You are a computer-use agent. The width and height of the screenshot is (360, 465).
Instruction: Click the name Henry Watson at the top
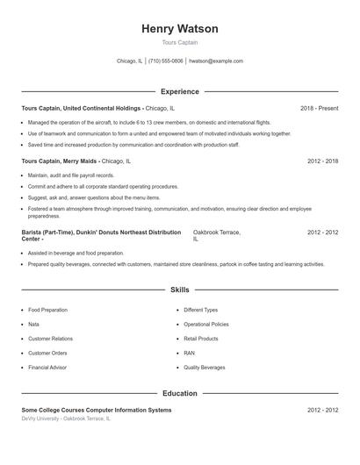179,29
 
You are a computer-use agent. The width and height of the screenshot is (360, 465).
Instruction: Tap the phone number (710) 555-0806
166,61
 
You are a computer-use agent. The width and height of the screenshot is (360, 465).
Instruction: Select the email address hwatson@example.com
216,61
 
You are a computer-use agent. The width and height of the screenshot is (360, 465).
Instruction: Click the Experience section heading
179,91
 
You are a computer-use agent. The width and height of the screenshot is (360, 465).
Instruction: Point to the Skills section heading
179,289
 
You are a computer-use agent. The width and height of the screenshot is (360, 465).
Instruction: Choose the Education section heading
179,394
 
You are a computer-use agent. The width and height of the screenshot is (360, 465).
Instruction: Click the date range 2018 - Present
319,108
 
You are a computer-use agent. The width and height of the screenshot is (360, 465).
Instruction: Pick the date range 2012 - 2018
322,161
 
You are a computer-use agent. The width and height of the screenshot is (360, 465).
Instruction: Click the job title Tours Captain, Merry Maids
60,161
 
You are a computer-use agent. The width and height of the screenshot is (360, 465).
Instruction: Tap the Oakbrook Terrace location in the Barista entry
216,232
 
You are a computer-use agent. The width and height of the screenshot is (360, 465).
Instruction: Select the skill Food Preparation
47,310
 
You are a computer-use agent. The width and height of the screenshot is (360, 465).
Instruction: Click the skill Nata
33,324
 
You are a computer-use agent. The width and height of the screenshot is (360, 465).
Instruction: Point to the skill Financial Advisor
47,367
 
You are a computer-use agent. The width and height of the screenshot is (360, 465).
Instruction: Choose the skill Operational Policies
206,324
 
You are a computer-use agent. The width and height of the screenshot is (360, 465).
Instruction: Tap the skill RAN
189,353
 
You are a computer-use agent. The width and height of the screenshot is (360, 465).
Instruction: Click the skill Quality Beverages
204,367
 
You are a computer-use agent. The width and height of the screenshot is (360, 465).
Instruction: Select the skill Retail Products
201,338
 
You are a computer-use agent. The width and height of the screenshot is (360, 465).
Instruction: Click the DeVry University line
67,419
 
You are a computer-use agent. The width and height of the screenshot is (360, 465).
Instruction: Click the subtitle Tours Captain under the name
179,42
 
